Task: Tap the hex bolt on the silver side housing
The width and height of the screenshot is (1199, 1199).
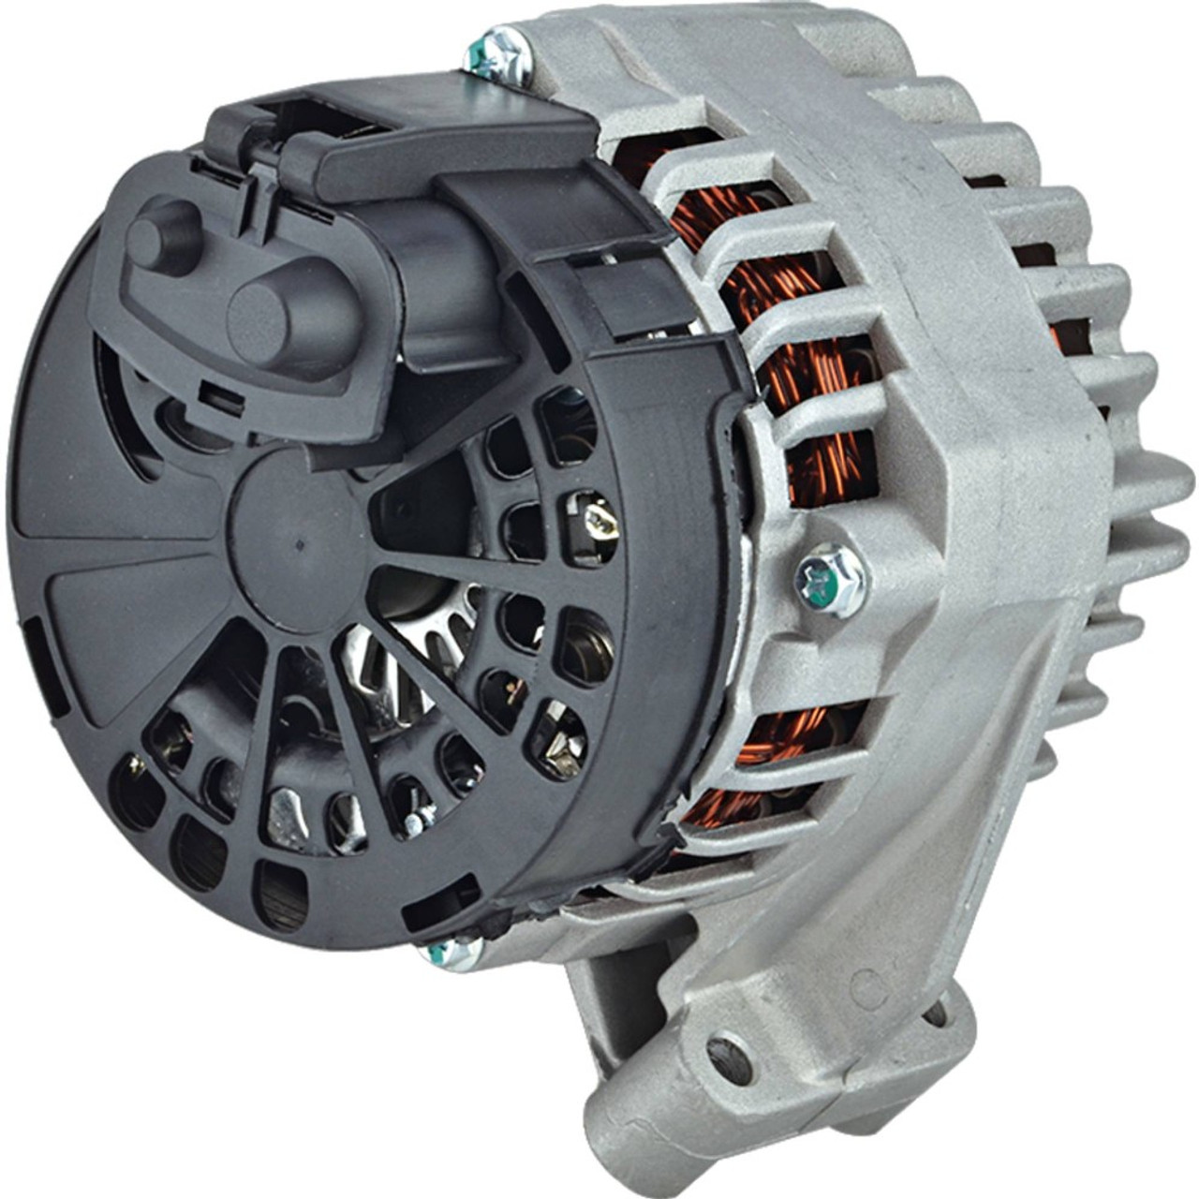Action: click(829, 580)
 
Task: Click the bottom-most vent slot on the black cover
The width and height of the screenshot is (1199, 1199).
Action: click(281, 895)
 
